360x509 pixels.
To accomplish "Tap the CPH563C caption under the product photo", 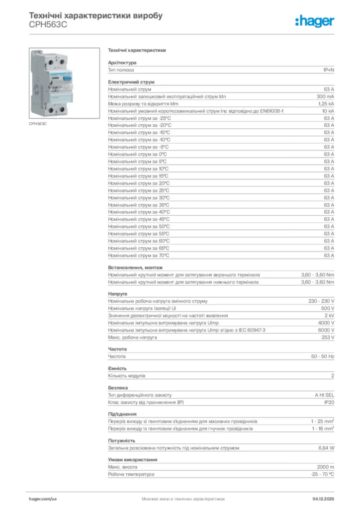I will [x=38, y=123].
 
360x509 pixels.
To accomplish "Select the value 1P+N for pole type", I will [x=328, y=70].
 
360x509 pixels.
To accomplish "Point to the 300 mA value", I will [x=325, y=96].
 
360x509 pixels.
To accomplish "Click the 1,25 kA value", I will [x=326, y=104].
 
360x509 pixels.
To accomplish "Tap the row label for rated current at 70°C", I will [x=139, y=255].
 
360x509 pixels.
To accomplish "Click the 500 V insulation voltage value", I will [x=327, y=309].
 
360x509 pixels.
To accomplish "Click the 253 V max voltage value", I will [x=327, y=338].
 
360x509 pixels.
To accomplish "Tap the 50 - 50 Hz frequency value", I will [x=323, y=356].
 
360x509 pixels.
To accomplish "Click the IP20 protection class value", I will [x=329, y=402].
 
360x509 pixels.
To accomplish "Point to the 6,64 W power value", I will [x=326, y=448].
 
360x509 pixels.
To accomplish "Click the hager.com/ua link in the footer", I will [x=43, y=498].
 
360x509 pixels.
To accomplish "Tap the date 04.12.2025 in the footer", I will [x=323, y=498].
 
